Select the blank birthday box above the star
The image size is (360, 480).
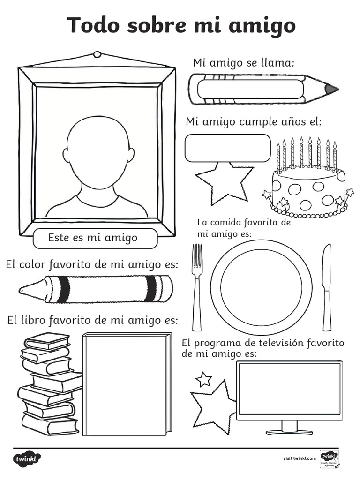tap(227, 148)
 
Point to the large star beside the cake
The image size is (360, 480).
tap(224, 183)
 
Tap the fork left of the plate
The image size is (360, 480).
tap(197, 286)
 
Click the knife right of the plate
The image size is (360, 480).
tap(326, 286)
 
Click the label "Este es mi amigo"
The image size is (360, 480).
tap(93, 238)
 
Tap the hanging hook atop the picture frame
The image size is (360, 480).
tap(97, 54)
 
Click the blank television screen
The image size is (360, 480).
tap(289, 389)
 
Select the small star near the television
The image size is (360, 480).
tap(203, 379)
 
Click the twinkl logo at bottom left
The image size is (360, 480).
tap(27, 458)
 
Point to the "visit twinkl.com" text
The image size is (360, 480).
tap(299, 458)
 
